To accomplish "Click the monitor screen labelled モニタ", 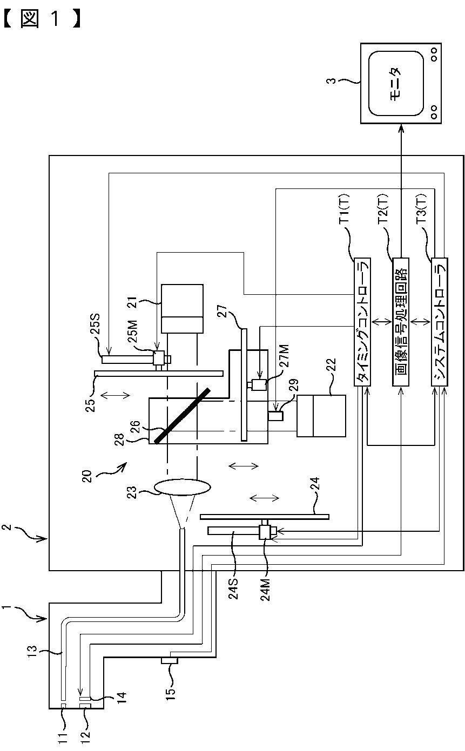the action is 396,84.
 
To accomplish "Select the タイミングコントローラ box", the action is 362,322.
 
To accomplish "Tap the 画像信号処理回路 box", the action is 401,322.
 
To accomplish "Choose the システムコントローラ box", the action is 439,322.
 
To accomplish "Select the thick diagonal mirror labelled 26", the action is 183,416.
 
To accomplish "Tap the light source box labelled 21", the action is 182,309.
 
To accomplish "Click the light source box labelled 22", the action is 321,416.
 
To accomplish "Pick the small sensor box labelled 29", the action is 275,416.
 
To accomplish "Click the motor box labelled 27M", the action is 259,384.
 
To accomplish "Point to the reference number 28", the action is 120,439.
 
